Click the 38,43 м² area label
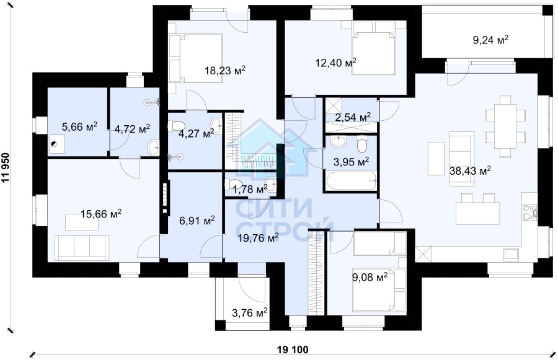470,171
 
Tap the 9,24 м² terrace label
490,40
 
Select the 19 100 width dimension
293,349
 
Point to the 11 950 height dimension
6,167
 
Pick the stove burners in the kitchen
529,211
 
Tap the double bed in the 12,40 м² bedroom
374,48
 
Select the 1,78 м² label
250,190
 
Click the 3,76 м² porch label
249,313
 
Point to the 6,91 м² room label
197,221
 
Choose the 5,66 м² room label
79,127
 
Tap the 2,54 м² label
353,117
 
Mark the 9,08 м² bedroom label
370,277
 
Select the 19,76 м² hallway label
258,238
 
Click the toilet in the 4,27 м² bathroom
177,126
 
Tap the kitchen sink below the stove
511,254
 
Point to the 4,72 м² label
132,129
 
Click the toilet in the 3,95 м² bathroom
362,144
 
